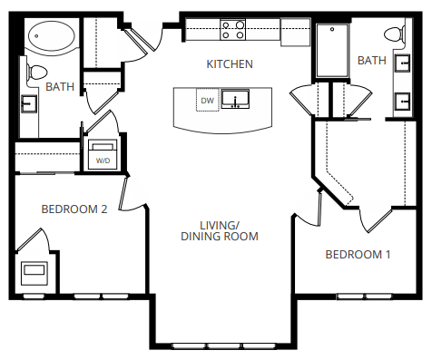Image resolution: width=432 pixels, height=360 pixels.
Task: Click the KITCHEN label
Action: (x=230, y=64)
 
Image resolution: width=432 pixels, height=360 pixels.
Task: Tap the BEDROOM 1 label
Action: (x=358, y=255)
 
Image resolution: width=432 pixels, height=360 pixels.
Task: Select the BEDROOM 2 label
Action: (x=74, y=209)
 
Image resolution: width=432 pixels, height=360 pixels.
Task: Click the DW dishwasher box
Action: (x=208, y=100)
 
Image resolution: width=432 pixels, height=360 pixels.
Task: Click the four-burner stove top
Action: (x=233, y=30)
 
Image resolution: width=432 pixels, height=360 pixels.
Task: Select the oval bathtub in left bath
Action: (x=52, y=37)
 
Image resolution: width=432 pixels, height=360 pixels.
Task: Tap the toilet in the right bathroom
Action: (x=393, y=35)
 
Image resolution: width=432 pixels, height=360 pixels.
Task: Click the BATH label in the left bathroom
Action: (x=60, y=87)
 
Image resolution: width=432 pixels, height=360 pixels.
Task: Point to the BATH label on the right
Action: (x=371, y=61)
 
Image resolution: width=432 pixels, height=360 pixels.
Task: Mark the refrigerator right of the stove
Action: (x=295, y=32)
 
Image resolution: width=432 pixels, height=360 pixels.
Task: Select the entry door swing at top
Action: (x=143, y=38)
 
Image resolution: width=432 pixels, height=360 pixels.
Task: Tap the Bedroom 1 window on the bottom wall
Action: (x=364, y=296)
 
